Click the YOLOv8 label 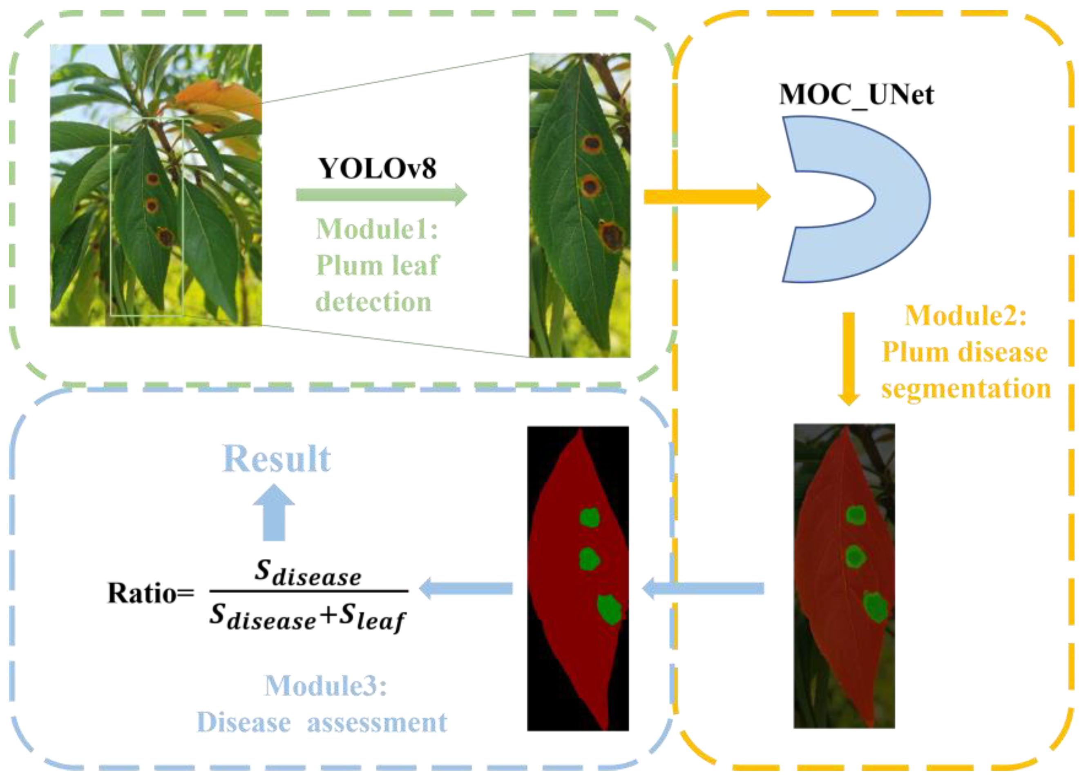[x=377, y=168]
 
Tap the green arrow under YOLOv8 [x=381, y=195]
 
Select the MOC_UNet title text [x=856, y=94]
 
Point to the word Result [x=277, y=459]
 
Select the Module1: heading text [x=377, y=229]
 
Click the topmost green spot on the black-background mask [x=590, y=517]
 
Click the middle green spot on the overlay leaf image [x=855, y=556]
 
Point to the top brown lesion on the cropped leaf [x=592, y=143]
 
